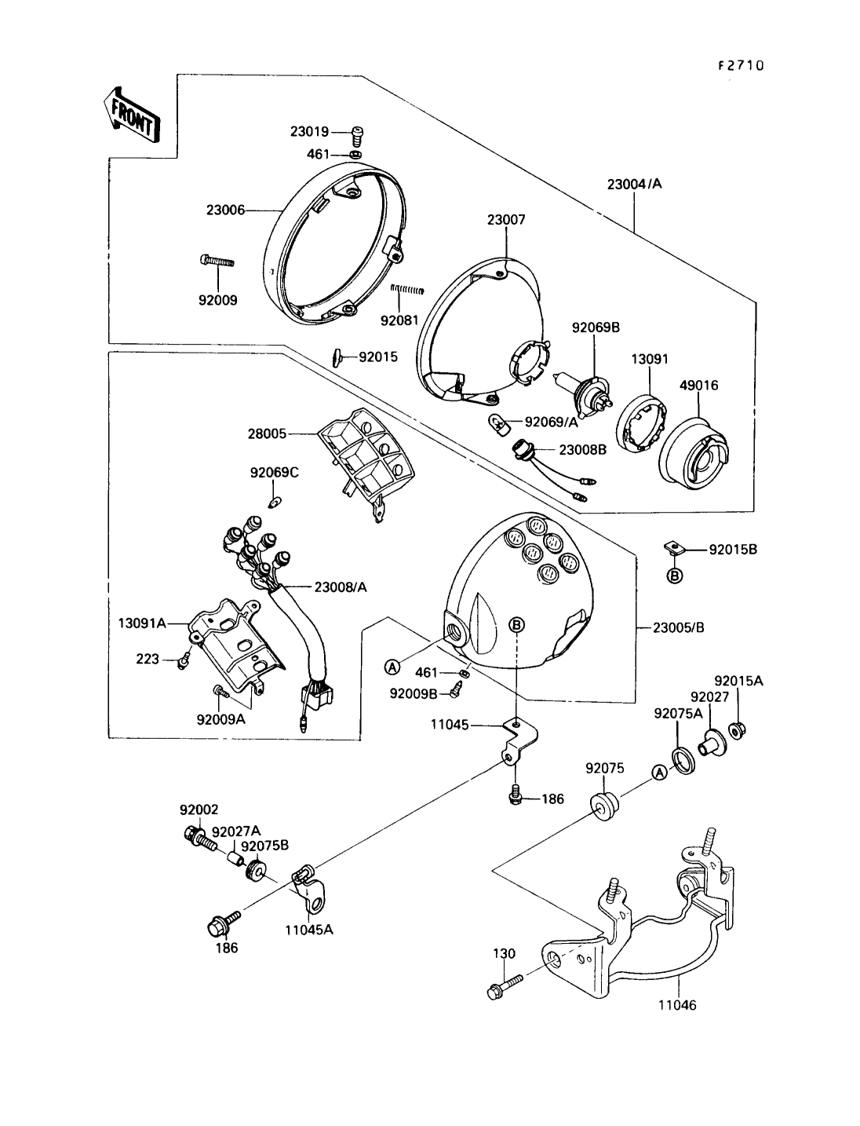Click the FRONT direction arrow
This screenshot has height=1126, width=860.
(x=131, y=115)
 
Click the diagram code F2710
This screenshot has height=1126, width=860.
(x=740, y=66)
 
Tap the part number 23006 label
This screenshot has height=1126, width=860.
(x=225, y=210)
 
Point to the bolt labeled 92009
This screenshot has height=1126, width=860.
(x=217, y=261)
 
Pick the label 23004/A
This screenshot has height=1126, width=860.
(x=634, y=185)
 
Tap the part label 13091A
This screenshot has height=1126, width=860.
(x=142, y=623)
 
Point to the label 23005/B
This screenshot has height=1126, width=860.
(x=677, y=627)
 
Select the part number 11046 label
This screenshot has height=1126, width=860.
(x=678, y=1004)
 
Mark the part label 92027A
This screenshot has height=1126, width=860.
(x=236, y=831)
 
